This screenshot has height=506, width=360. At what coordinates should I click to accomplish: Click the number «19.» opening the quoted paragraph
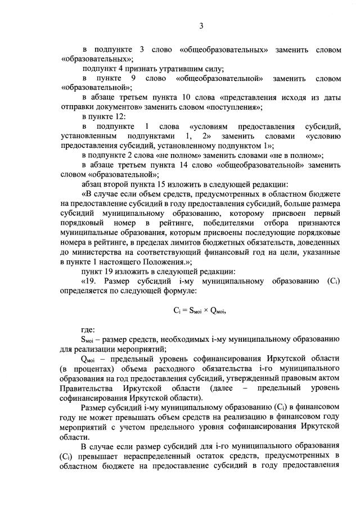tap(93, 281)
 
